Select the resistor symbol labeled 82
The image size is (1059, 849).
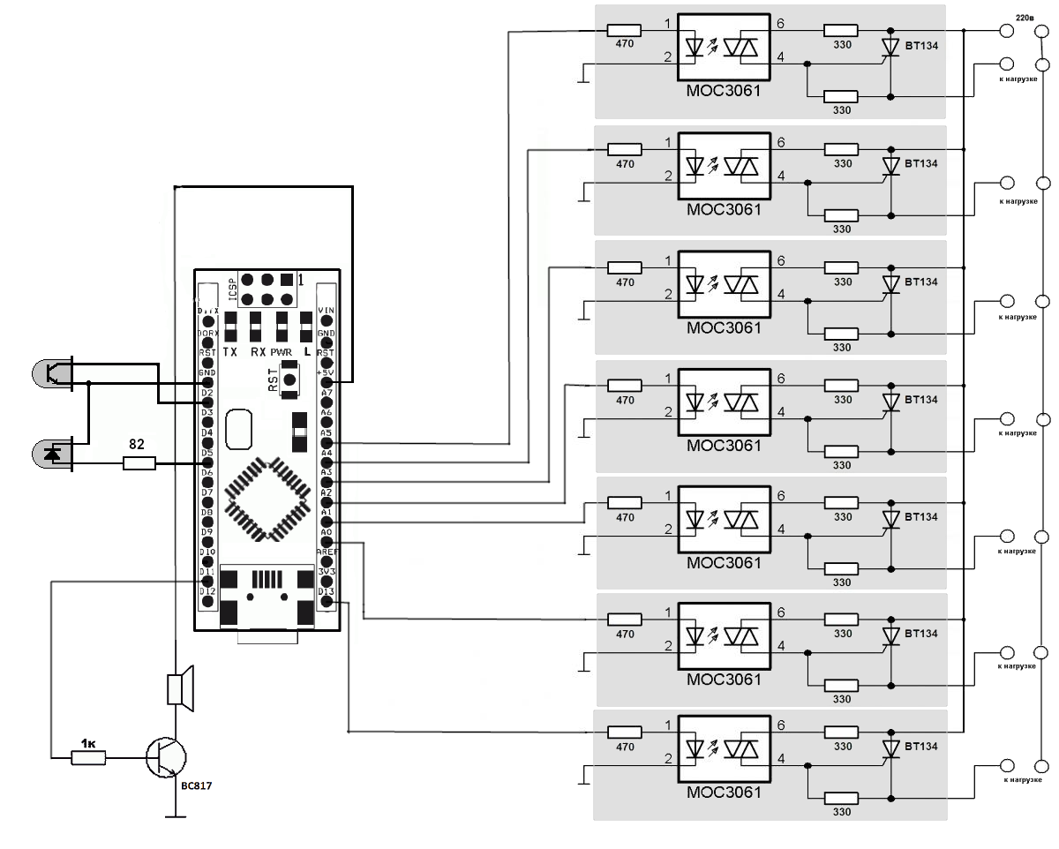click(x=139, y=463)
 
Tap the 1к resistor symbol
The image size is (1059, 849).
click(x=89, y=756)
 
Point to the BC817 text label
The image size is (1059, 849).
click(x=196, y=785)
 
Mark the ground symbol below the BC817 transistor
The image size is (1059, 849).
click(x=176, y=816)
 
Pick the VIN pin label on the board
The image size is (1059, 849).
click(x=326, y=310)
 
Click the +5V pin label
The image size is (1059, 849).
click(x=326, y=373)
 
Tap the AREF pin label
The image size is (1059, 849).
click(x=326, y=552)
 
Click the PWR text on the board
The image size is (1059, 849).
click(x=281, y=351)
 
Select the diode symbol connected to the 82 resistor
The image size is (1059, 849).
click(x=55, y=454)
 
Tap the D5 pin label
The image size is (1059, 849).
click(x=207, y=453)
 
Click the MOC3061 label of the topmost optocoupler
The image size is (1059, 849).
click(x=724, y=91)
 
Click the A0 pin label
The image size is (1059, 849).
click(x=326, y=532)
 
